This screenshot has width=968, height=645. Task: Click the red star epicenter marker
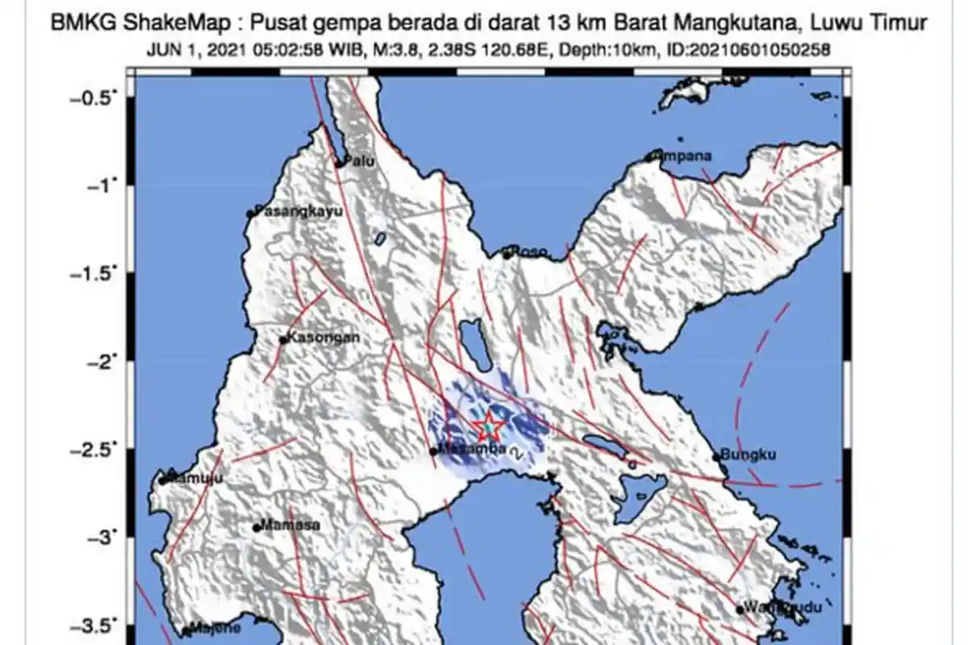click(x=488, y=425)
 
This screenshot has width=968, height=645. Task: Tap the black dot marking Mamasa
click(x=257, y=528)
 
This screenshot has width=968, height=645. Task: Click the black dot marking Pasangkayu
click(x=250, y=214)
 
